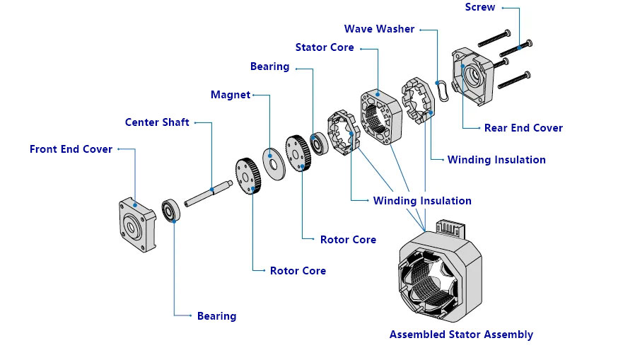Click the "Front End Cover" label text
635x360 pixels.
click(x=71, y=149)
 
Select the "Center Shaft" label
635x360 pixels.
click(x=157, y=122)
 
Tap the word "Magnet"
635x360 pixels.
click(x=231, y=95)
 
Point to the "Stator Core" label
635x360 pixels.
click(x=325, y=47)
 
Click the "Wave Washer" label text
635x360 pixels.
click(x=379, y=29)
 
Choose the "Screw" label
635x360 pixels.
click(x=480, y=7)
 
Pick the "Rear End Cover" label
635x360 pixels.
click(x=523, y=128)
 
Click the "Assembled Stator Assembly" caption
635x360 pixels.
click(x=461, y=335)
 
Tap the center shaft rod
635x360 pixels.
click(x=209, y=191)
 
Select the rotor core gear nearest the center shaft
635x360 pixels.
click(x=248, y=175)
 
